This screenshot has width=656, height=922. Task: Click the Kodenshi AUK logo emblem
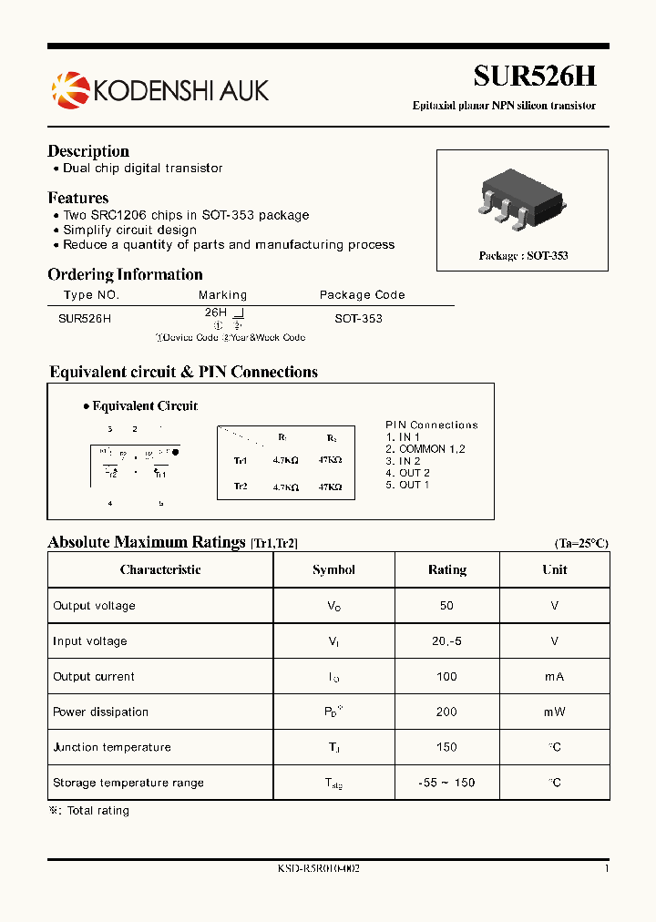tap(67, 89)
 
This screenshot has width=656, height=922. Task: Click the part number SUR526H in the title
tap(534, 77)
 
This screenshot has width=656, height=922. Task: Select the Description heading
tap(88, 151)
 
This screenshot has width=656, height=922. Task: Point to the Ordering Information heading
tap(125, 274)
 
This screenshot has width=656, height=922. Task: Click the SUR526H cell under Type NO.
tap(85, 319)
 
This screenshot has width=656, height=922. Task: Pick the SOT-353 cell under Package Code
tap(359, 319)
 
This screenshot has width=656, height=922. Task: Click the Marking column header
tap(222, 295)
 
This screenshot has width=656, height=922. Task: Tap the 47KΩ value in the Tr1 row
tap(330, 461)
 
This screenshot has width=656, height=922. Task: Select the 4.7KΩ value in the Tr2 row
tap(285, 487)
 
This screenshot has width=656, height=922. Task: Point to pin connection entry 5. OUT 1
tap(407, 485)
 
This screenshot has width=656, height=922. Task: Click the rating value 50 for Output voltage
tap(446, 606)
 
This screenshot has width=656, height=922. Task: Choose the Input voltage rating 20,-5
tap(446, 641)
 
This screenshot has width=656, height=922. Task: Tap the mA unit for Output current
tap(554, 677)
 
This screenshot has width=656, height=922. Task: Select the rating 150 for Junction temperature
tap(446, 748)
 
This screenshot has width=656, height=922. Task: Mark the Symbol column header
tap(333, 570)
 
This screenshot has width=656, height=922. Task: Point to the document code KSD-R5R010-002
tap(319, 869)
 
